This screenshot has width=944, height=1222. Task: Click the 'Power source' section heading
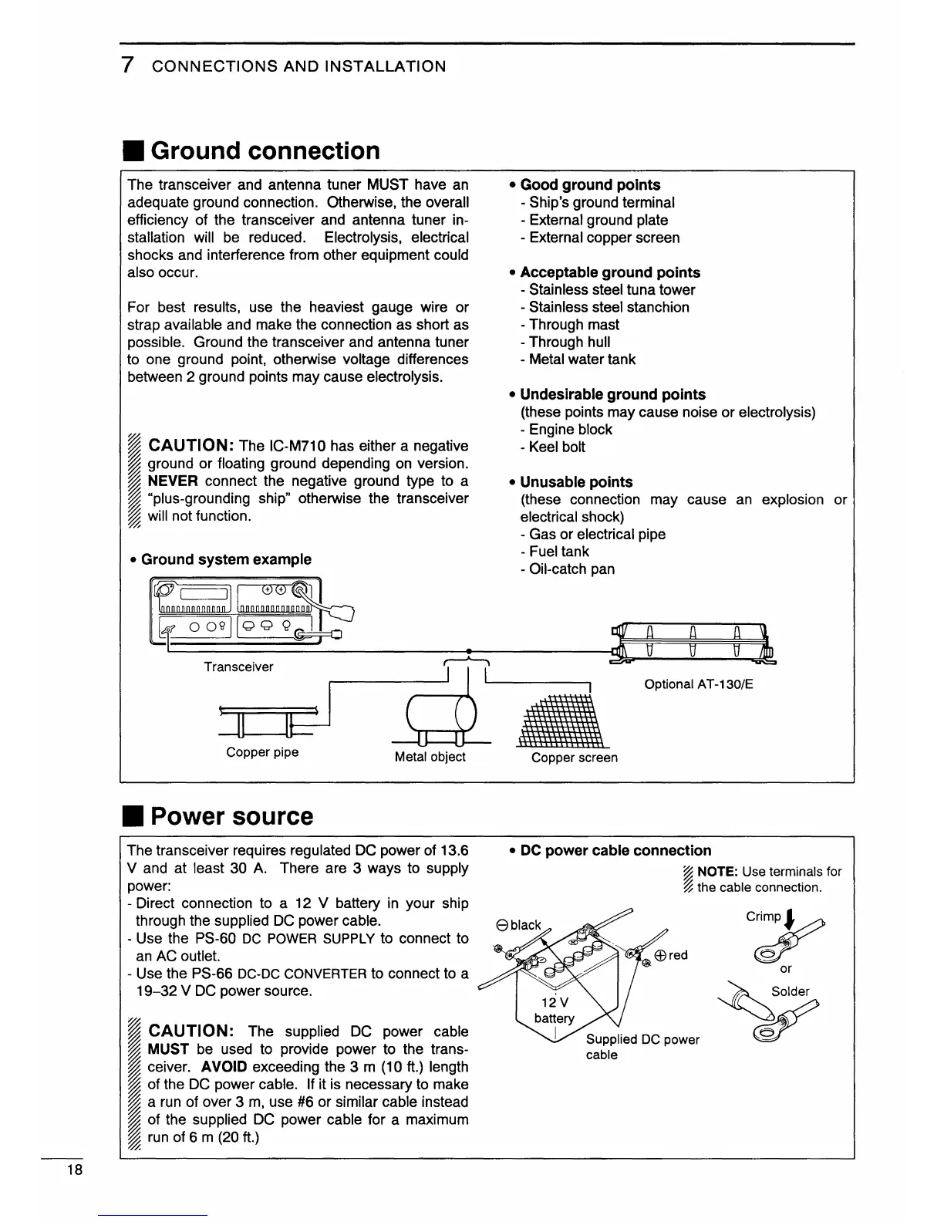click(x=231, y=816)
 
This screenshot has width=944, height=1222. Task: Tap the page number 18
click(x=75, y=1170)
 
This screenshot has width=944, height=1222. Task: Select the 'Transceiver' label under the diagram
click(x=238, y=667)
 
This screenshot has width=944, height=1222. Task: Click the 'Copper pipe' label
click(x=262, y=752)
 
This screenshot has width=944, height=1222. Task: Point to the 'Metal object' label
click(x=430, y=757)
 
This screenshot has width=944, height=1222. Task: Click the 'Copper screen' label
click(x=574, y=758)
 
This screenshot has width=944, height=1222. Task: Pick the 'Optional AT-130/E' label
click(x=698, y=684)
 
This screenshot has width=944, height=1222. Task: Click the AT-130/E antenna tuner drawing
click(x=692, y=641)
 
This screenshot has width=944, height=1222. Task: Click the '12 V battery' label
click(x=554, y=1010)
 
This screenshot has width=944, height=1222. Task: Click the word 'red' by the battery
click(x=677, y=955)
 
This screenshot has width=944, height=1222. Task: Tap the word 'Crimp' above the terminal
click(x=763, y=917)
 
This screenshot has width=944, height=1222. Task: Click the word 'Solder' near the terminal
click(x=791, y=991)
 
